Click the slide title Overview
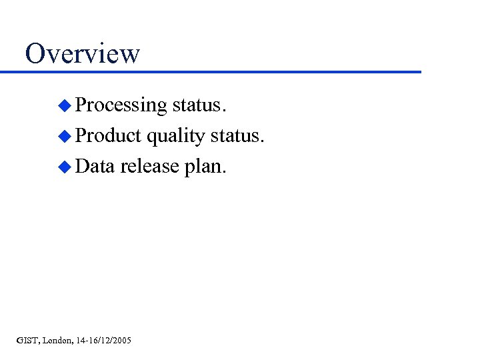[x=82, y=53]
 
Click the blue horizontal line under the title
[x=220, y=71]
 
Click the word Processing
[x=121, y=105]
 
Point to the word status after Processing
[x=199, y=105]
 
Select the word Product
[x=109, y=136]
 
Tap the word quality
[x=175, y=137]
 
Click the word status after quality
[x=237, y=136]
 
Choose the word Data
[x=95, y=167]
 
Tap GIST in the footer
[x=28, y=341]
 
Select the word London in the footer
[x=58, y=341]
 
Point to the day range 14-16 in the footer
[x=87, y=341]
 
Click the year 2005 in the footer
[x=121, y=341]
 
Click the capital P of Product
[x=82, y=136]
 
